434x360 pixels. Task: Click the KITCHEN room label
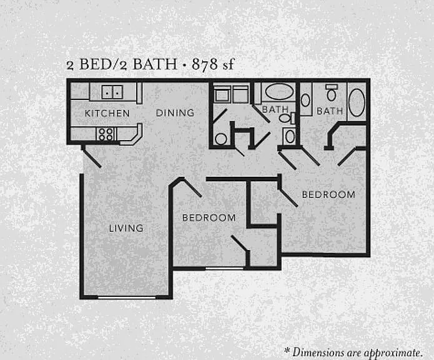107,113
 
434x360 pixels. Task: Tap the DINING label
175,112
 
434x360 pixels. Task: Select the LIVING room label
126,228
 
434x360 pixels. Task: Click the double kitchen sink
112,92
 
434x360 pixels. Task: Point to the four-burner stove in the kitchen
106,134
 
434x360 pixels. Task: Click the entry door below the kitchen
91,157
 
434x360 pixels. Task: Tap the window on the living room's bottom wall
127,297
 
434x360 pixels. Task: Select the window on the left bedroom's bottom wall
224,268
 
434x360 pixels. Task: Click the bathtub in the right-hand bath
357,102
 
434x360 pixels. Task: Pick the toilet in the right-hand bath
332,92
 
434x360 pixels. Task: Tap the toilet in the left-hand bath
287,118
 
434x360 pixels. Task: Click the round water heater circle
221,139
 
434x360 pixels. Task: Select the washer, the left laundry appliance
222,94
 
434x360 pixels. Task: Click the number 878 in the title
205,64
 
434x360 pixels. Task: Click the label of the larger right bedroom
328,194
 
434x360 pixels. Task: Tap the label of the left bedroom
209,217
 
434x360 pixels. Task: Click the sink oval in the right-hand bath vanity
305,100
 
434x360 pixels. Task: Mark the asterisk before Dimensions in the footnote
287,351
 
